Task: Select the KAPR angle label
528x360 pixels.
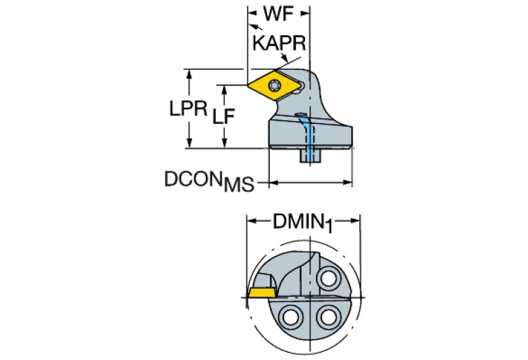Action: click(279, 43)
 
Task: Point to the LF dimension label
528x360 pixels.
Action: click(223, 116)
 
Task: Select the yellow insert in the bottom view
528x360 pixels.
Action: click(261, 292)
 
